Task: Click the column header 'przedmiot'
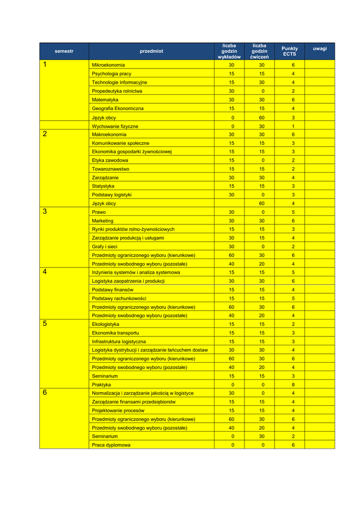coord(151,51)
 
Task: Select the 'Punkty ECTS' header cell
coord(289,51)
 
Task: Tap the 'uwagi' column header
coord(320,49)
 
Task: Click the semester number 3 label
coord(45,211)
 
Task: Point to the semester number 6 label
coord(45,393)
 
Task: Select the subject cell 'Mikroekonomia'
coord(108,65)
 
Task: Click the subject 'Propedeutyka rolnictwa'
coord(117,91)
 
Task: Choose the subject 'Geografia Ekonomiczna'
coord(118,108)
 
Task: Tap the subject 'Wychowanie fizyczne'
coord(115,127)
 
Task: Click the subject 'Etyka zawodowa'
coord(110,160)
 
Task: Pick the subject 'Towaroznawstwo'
coord(111,169)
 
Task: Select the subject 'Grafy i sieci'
coord(105,247)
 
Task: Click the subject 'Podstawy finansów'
coord(113,290)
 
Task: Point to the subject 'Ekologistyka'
coord(106,324)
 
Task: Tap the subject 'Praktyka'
coord(101,384)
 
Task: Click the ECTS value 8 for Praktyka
coord(293,384)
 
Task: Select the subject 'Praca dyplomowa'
coord(111,445)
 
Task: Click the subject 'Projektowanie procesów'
coord(118,411)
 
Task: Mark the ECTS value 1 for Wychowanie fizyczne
coord(293,127)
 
